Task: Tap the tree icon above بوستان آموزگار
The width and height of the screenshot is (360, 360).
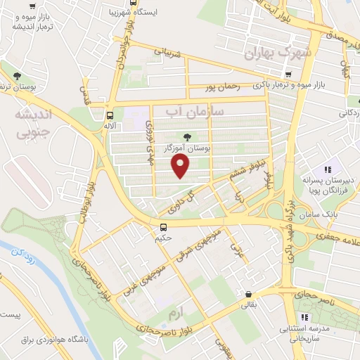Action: pos(187,136)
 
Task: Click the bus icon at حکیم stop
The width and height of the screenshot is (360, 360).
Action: pos(163,226)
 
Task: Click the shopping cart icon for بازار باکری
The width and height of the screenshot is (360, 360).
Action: pos(288,75)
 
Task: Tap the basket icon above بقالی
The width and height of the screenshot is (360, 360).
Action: pos(247,294)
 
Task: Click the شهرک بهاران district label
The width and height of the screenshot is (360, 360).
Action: pos(279,53)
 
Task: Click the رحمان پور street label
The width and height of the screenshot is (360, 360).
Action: pos(223,87)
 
